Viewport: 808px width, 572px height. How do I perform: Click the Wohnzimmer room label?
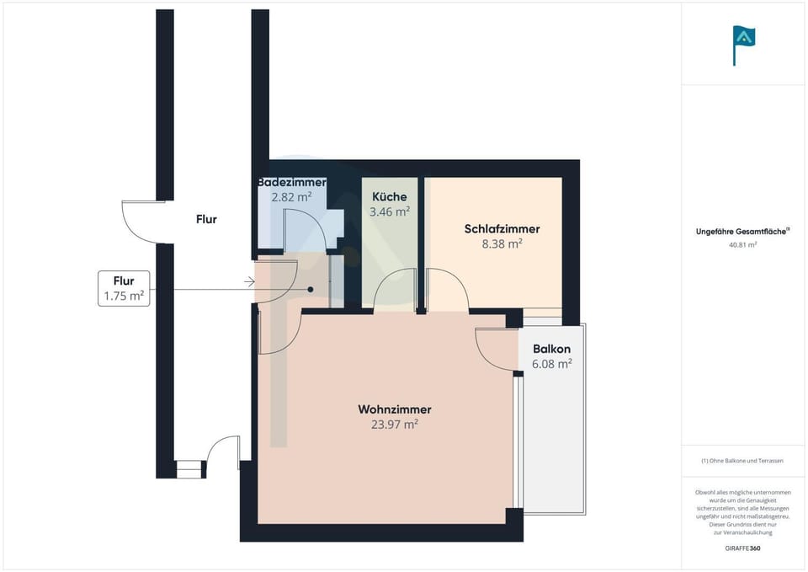click(x=395, y=409)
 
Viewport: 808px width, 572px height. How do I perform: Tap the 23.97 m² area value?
click(x=395, y=425)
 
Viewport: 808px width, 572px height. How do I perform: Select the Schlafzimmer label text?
click(x=502, y=228)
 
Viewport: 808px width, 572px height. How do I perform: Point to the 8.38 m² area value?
click(x=502, y=243)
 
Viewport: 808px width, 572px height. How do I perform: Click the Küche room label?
click(x=390, y=196)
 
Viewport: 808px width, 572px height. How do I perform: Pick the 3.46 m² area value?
click(x=390, y=211)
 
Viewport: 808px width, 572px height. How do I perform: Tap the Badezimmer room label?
click(x=291, y=182)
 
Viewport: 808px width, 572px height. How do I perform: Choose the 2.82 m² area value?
click(x=291, y=197)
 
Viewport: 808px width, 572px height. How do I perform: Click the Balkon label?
click(x=551, y=349)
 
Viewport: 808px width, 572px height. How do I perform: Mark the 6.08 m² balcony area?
click(x=551, y=364)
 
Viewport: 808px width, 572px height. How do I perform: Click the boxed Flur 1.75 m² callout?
click(x=125, y=288)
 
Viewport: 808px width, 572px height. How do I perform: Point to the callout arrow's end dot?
click(x=311, y=289)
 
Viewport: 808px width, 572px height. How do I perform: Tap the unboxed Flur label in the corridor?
click(x=206, y=219)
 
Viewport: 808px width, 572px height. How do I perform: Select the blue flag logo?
click(x=743, y=42)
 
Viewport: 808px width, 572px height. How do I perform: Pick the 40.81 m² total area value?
click(x=742, y=244)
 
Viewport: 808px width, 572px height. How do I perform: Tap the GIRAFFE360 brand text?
click(x=742, y=548)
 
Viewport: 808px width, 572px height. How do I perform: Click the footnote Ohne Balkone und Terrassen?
click(x=742, y=461)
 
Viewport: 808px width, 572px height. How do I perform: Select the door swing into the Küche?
click(x=392, y=288)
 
